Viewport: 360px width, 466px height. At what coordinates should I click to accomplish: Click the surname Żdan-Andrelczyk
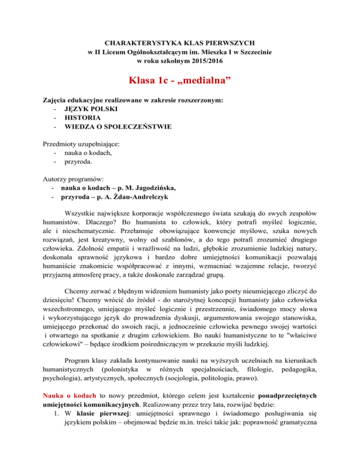pyautogui.click(x=129, y=198)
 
